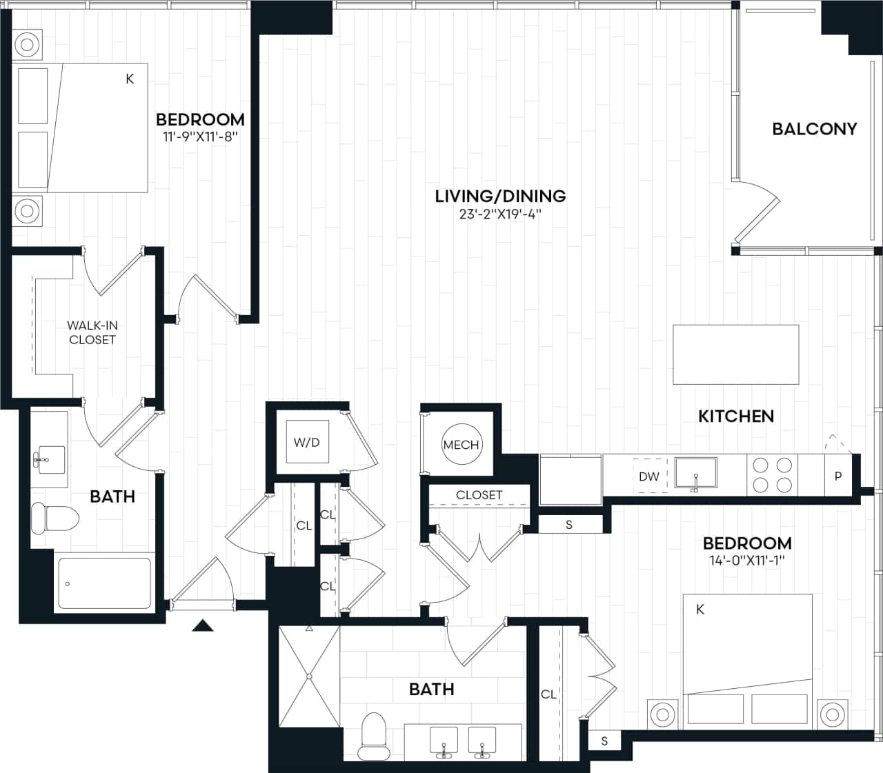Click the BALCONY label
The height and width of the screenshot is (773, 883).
(x=814, y=129)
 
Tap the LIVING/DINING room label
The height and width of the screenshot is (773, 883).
(x=500, y=196)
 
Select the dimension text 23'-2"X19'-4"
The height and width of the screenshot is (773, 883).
(x=500, y=214)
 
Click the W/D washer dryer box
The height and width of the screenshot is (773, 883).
(x=307, y=443)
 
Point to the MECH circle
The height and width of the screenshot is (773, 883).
(x=461, y=445)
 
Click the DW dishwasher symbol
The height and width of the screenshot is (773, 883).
(x=649, y=476)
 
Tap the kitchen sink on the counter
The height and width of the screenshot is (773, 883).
(x=695, y=474)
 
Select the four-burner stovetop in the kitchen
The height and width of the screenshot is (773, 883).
(x=772, y=474)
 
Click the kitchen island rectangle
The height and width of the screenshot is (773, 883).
(x=735, y=354)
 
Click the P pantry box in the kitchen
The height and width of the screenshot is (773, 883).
(x=838, y=476)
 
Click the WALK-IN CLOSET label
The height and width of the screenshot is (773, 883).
(x=92, y=332)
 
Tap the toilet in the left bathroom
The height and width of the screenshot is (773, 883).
(x=55, y=519)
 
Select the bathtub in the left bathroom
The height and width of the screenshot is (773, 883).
(x=104, y=583)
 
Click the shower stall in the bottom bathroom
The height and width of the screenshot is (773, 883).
(x=308, y=676)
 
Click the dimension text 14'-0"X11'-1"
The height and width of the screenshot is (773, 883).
(x=747, y=561)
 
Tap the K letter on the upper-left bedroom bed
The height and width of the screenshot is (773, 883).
(x=129, y=79)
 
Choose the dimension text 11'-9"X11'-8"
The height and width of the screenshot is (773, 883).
(x=200, y=137)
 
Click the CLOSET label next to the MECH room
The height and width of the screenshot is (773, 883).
(x=479, y=495)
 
